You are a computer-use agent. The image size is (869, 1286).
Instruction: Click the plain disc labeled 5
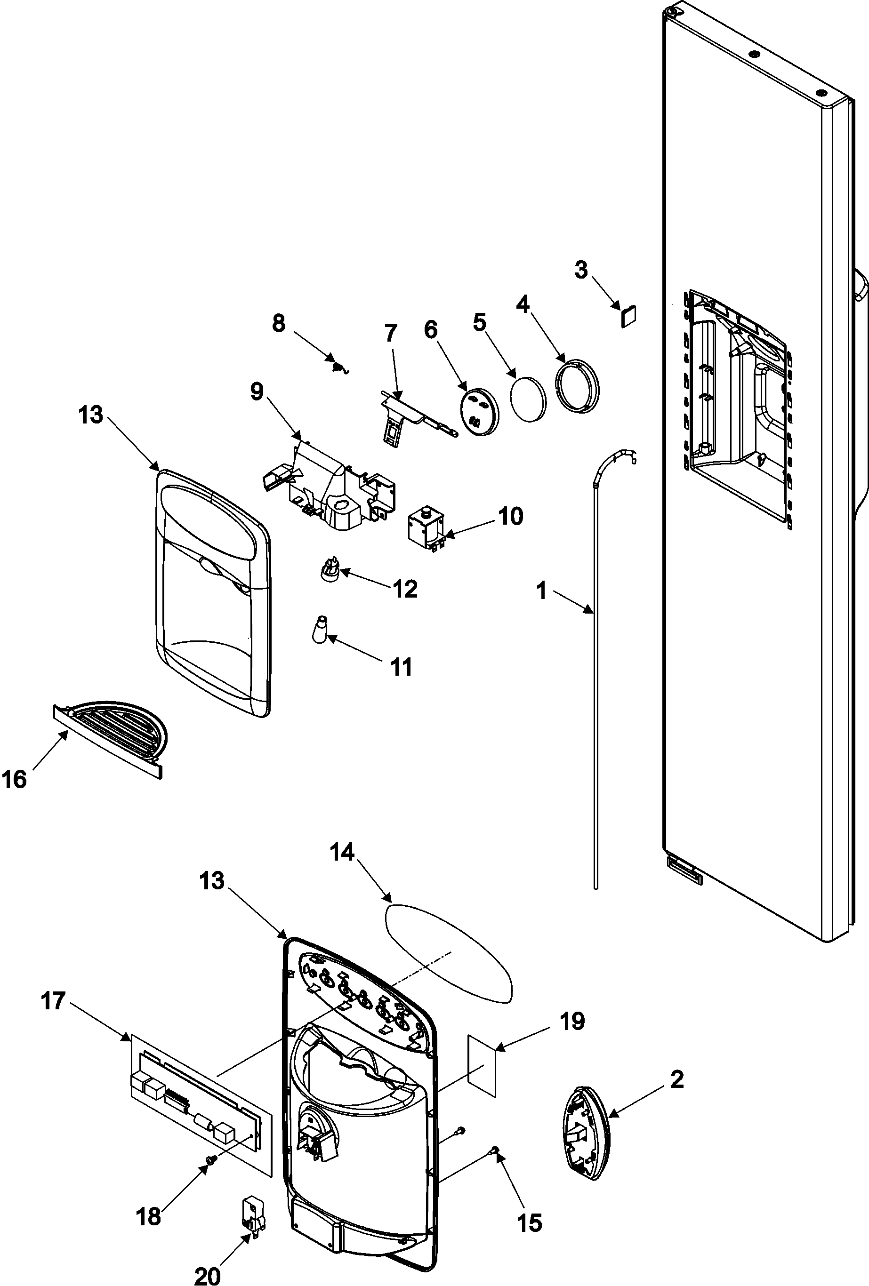[528, 399]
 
